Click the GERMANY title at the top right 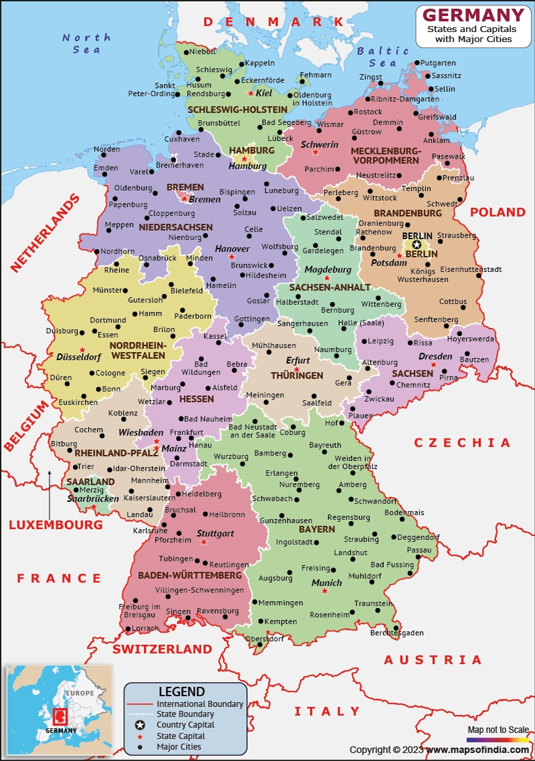[x=473, y=15]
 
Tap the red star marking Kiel [x=251, y=94]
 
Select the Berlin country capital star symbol [x=417, y=245]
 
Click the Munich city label [x=327, y=583]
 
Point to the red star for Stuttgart [x=203, y=542]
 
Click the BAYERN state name [x=317, y=529]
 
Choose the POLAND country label [x=498, y=212]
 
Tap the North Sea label [x=86, y=43]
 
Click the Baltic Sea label [x=383, y=57]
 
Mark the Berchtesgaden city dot [x=397, y=627]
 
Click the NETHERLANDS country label [x=45, y=233]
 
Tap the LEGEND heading [x=181, y=692]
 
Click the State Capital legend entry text [x=181, y=736]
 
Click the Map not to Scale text [x=498, y=729]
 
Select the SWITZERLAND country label [x=162, y=649]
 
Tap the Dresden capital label [x=435, y=356]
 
